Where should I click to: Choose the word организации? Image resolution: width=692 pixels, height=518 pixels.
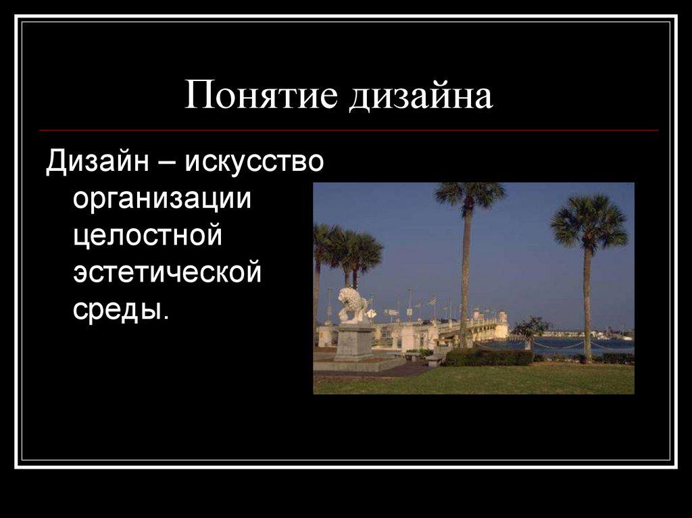[x=162, y=201]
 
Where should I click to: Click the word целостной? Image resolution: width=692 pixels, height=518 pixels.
[x=148, y=237]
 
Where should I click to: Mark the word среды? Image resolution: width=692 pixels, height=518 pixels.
[x=118, y=310]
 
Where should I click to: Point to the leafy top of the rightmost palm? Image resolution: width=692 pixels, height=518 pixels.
[x=589, y=222]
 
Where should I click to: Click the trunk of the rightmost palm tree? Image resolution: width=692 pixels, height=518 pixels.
[x=587, y=304]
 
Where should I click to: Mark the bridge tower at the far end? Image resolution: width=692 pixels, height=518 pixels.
[x=501, y=325]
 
